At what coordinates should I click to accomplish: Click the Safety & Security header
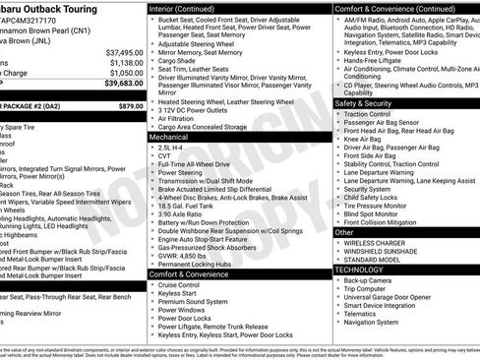363,102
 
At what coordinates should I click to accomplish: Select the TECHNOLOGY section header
360,268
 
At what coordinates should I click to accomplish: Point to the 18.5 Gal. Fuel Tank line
185,206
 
